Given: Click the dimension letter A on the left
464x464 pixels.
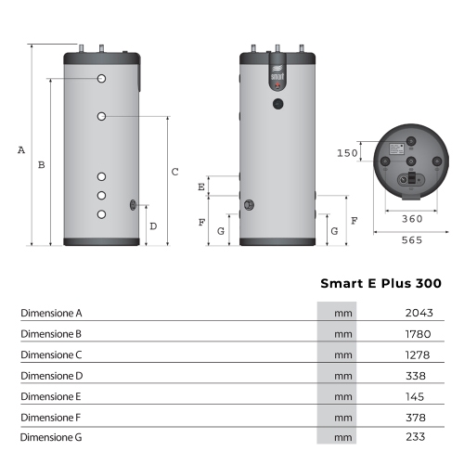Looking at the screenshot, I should click(x=21, y=149).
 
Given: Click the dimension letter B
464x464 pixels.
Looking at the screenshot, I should click(x=40, y=165).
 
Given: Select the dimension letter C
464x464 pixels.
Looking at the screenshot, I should click(x=174, y=172).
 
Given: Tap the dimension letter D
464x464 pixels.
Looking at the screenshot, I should click(x=153, y=226).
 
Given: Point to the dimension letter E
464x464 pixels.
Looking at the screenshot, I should click(x=201, y=187).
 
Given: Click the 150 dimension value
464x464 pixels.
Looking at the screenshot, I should click(x=347, y=153).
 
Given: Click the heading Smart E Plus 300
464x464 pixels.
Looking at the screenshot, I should click(x=380, y=284).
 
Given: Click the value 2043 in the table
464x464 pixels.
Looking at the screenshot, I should click(x=419, y=314).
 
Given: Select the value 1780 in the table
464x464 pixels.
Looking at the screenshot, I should click(x=419, y=334).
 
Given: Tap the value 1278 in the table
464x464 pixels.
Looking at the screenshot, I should click(x=419, y=354).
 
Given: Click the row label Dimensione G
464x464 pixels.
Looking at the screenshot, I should click(x=52, y=436).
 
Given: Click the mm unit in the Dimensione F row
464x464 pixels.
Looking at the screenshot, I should click(x=342, y=416).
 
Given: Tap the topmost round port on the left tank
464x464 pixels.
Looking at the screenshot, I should click(x=103, y=79).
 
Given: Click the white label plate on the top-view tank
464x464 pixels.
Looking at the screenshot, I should click(x=394, y=148).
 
